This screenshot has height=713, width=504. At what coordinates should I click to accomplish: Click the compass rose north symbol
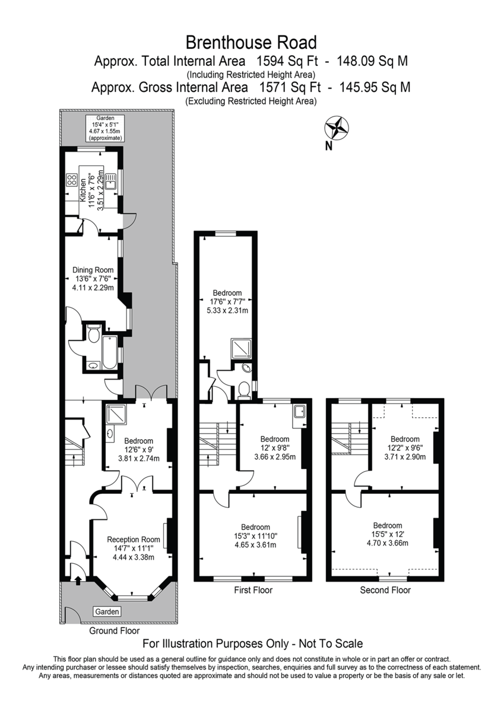pyautogui.click(x=336, y=128)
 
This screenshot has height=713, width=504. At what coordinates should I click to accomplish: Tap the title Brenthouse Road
pyautogui.click(x=251, y=42)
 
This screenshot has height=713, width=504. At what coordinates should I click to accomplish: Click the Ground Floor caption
pyautogui.click(x=114, y=630)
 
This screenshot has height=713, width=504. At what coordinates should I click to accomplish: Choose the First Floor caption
pyautogui.click(x=253, y=590)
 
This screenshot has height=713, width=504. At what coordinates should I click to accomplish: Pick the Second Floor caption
pyautogui.click(x=385, y=590)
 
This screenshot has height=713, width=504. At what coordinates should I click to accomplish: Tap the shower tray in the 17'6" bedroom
pyautogui.click(x=241, y=349)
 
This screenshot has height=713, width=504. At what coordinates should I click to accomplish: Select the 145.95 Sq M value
pyautogui.click(x=375, y=87)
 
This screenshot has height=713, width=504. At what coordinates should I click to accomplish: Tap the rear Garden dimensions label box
pyautogui.click(x=105, y=128)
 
